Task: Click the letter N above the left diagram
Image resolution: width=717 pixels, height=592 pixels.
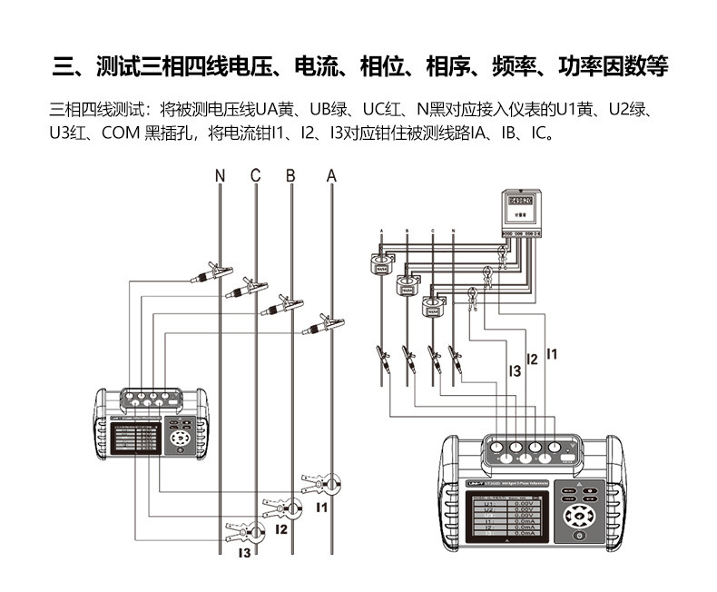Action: click(x=220, y=175)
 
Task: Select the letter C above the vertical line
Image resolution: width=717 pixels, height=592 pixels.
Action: click(x=255, y=175)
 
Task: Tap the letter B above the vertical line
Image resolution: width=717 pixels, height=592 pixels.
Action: click(x=290, y=175)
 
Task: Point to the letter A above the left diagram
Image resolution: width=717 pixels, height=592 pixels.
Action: click(x=331, y=175)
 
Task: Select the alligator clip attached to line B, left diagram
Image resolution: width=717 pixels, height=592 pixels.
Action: click(x=282, y=305)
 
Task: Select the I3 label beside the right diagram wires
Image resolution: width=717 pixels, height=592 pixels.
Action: click(x=514, y=370)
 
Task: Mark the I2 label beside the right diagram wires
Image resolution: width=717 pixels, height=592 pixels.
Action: click(x=532, y=360)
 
